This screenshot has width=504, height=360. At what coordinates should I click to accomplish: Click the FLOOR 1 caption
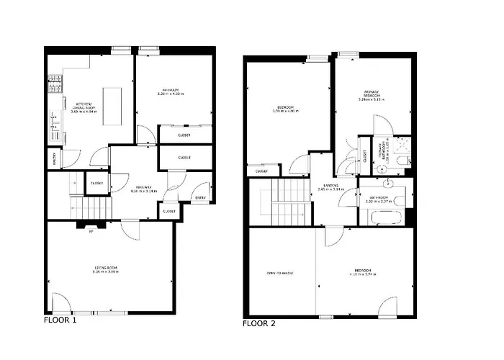pyautogui.click(x=60, y=320)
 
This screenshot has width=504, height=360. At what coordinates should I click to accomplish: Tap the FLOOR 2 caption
pyautogui.click(x=258, y=324)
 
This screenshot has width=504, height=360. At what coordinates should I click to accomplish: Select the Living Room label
pyautogui.click(x=105, y=270)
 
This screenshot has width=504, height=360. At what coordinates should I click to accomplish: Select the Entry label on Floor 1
pyautogui.click(x=199, y=198)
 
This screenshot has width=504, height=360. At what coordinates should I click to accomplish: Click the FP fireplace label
pyautogui.click(x=91, y=231)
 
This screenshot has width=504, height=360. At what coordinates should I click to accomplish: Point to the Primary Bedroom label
pyautogui.click(x=371, y=96)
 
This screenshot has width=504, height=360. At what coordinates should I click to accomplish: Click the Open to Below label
pyautogui.click(x=279, y=273)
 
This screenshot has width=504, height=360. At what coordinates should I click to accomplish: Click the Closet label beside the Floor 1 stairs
pyautogui.click(x=96, y=183)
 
